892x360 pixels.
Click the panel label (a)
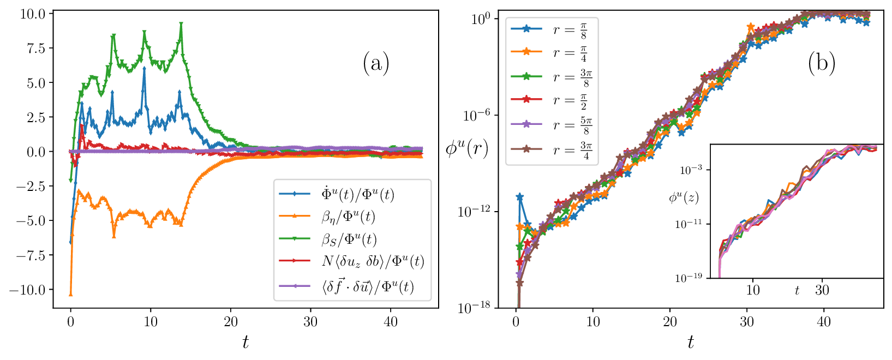[376, 64]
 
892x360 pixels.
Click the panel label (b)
[822, 64]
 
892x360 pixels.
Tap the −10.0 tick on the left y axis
[31, 290]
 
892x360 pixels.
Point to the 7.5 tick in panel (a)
[38, 48]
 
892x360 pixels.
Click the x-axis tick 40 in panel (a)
[390, 322]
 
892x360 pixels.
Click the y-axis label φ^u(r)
[467, 148]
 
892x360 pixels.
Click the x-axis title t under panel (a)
[246, 342]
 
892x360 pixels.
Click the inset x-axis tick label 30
[822, 290]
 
